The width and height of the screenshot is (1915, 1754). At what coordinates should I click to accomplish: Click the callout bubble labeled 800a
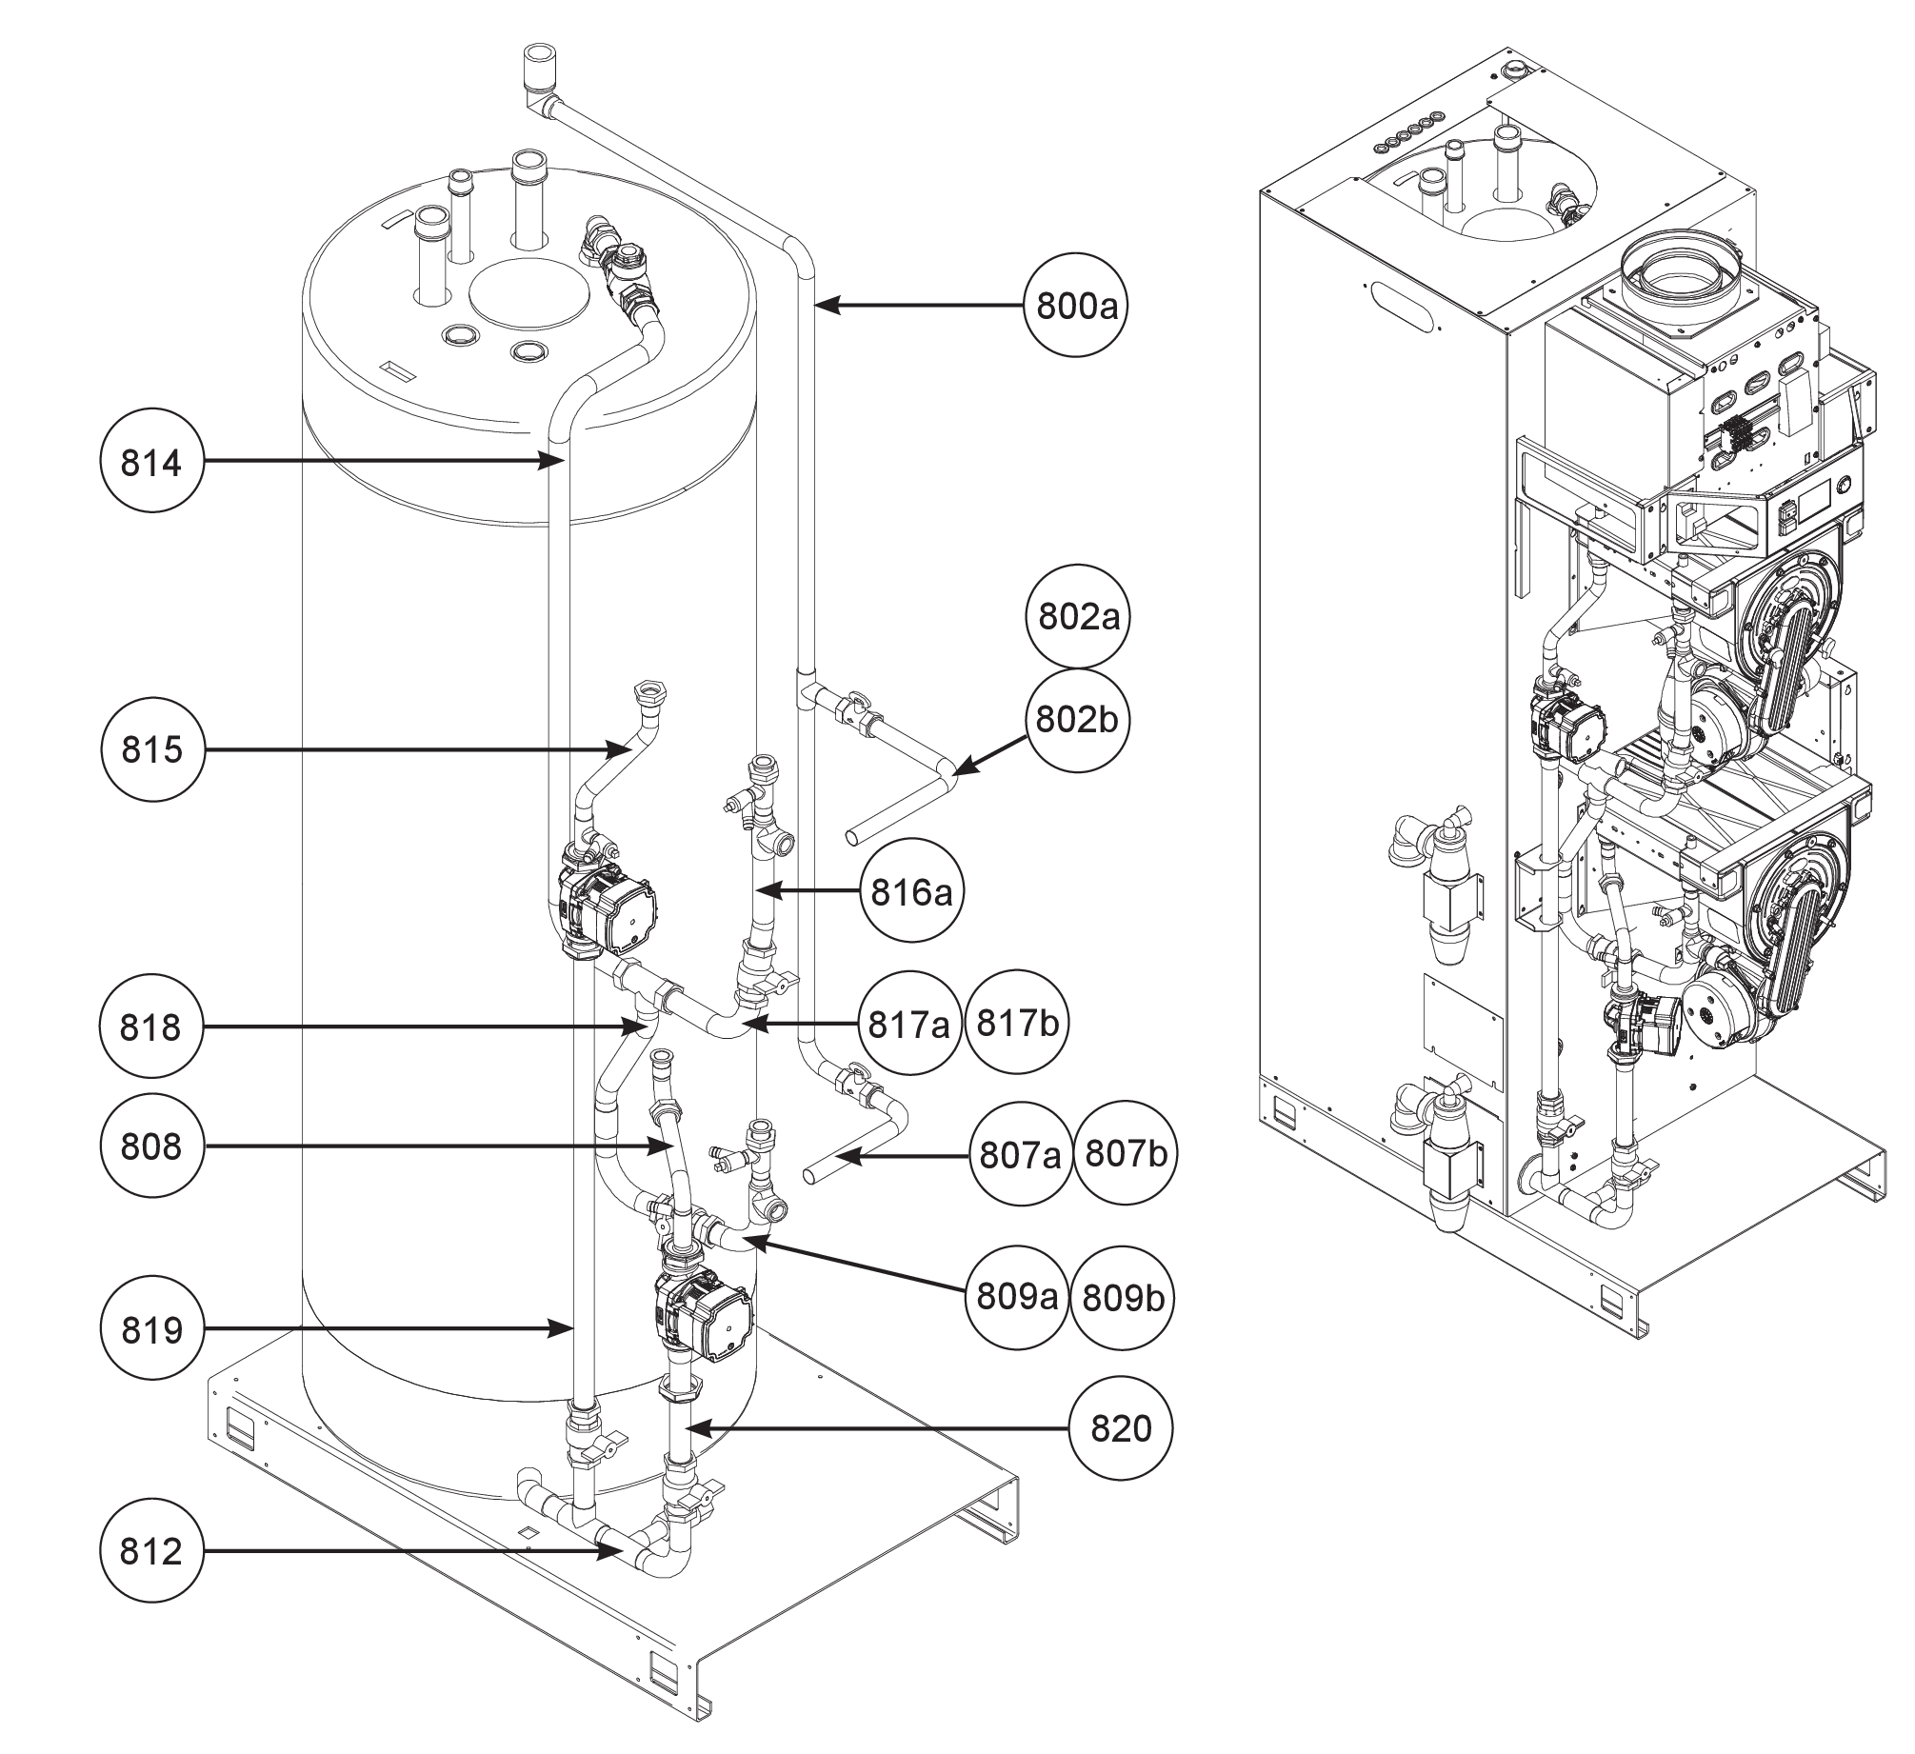click(1075, 307)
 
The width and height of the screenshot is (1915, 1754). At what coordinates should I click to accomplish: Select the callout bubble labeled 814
click(151, 463)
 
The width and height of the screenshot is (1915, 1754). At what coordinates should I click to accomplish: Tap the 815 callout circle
click(151, 749)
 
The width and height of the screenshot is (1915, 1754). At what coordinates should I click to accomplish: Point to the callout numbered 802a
click(1077, 617)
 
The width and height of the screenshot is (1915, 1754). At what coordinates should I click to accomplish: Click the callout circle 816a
click(911, 892)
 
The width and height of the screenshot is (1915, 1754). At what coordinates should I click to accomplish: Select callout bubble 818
click(151, 1027)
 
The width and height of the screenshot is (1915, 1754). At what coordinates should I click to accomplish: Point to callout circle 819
click(151, 1330)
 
